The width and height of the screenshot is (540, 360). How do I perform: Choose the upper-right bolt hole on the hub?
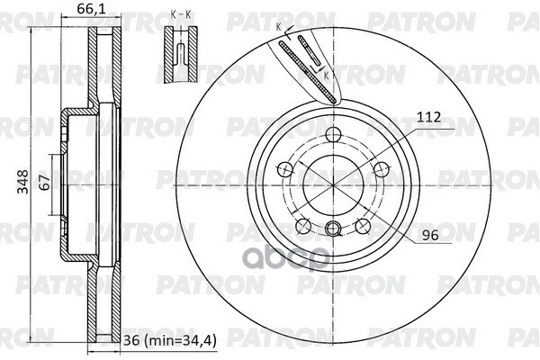click(380, 168)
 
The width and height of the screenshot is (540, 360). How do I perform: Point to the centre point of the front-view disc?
click(334, 184)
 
